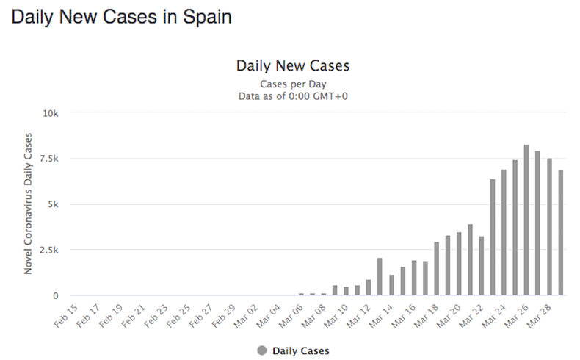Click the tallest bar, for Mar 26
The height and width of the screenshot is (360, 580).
526,220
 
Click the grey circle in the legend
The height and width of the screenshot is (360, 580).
261,350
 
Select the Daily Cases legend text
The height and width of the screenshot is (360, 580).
300,350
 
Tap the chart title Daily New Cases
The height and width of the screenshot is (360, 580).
292,65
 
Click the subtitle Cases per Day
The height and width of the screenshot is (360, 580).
292,84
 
